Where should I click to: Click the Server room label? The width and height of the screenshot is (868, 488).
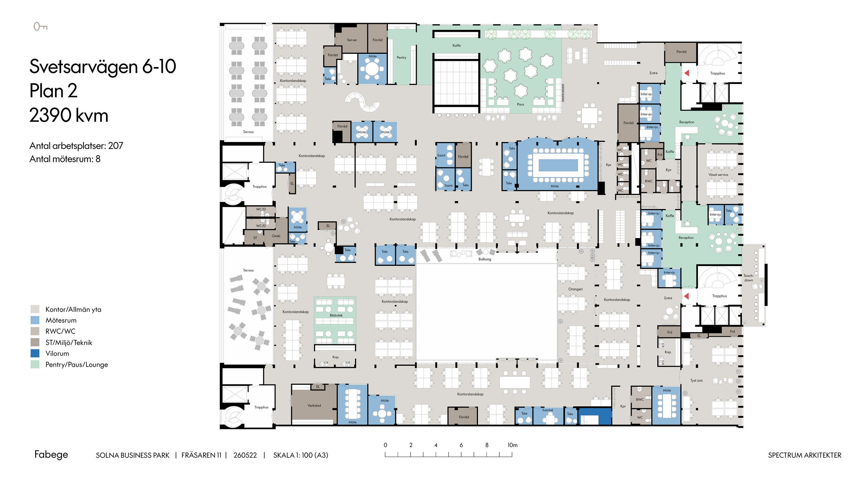(x=352, y=40)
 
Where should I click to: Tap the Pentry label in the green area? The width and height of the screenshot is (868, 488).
(x=401, y=57)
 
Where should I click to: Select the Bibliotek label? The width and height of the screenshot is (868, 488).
(x=336, y=315)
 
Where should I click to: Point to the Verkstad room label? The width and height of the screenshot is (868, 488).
(x=314, y=405)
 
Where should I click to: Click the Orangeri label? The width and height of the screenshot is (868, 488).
(x=575, y=289)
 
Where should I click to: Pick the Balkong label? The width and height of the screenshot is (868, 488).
(x=485, y=259)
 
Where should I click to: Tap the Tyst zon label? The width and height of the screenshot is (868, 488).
(x=696, y=380)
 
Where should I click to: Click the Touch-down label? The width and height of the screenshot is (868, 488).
(x=748, y=278)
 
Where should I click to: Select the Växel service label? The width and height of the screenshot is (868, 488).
(x=718, y=174)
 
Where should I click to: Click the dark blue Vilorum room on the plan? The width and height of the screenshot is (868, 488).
(x=595, y=416)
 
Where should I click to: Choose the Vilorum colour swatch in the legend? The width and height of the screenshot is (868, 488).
(x=35, y=353)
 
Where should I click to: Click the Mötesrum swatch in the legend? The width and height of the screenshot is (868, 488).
(x=35, y=320)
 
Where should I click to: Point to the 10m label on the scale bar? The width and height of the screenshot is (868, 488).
(x=512, y=445)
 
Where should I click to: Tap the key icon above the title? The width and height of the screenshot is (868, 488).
(x=40, y=26)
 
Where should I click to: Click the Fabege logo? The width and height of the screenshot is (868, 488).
(x=51, y=454)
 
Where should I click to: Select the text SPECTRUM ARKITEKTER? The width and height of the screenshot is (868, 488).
(x=805, y=455)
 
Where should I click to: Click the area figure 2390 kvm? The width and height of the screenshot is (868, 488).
(x=69, y=115)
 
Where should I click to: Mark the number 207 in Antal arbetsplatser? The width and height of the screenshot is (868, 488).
(x=116, y=146)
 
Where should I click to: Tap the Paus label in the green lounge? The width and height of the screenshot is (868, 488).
(x=520, y=105)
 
